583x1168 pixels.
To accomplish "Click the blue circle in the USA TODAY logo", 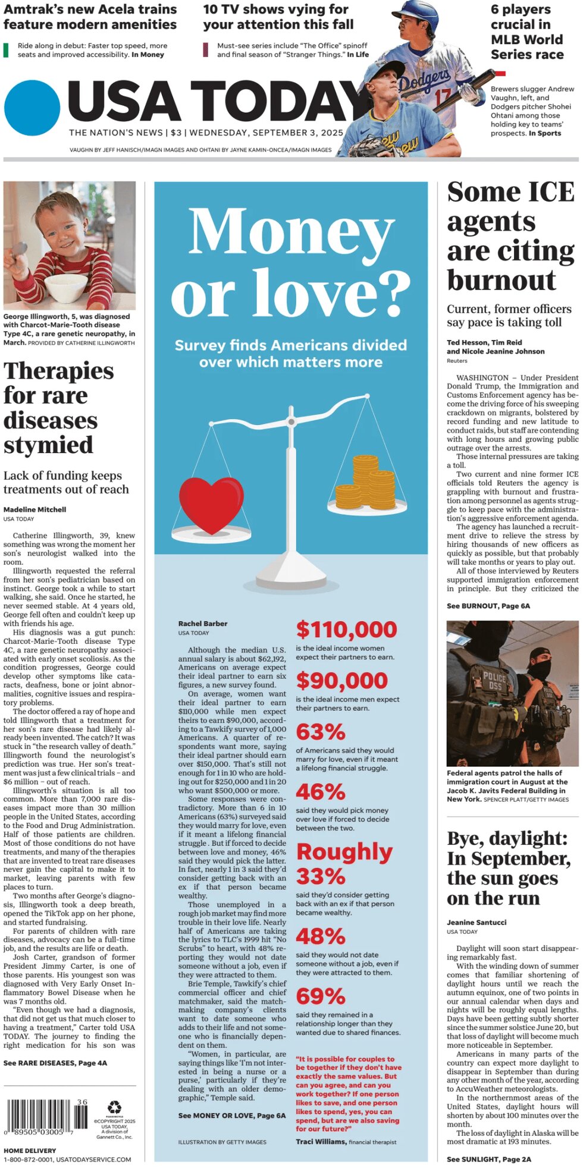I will [32, 108].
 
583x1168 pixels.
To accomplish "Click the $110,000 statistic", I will [346, 629].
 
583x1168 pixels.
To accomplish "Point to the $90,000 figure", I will [341, 681].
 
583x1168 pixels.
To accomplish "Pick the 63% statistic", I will [320, 732].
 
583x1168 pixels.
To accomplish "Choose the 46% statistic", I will [320, 792].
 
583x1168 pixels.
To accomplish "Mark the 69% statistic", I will [320, 996].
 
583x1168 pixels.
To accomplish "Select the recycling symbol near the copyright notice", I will [114, 1091].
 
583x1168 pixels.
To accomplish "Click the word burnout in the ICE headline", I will [501, 280].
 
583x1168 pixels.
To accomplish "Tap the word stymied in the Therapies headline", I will [49, 445].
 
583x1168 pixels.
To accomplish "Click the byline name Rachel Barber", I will [203, 624].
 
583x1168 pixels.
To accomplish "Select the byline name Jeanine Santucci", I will [477, 923].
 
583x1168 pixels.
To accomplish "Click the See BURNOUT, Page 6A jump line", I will [488, 606].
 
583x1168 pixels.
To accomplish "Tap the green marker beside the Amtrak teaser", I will [6, 50].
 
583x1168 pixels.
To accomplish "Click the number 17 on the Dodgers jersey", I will [443, 96].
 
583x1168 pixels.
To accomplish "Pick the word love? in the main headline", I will [291, 293].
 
